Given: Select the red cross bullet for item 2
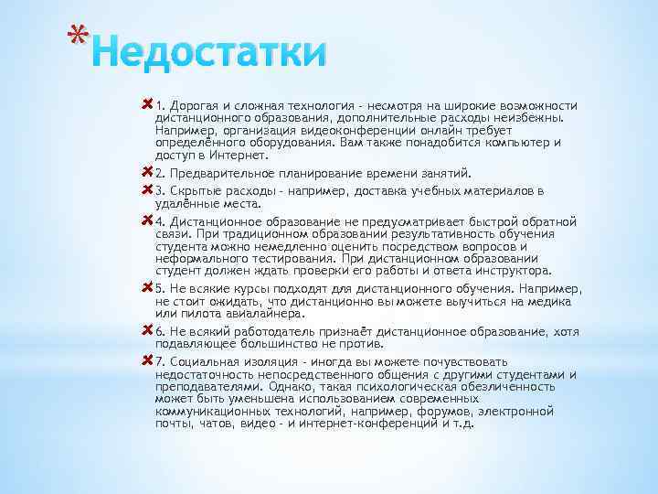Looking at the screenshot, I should click(148, 171).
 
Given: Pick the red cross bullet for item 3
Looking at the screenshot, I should click(148, 188).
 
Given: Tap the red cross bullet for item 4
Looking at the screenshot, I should click(148, 220).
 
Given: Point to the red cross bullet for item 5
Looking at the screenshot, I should click(148, 286).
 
